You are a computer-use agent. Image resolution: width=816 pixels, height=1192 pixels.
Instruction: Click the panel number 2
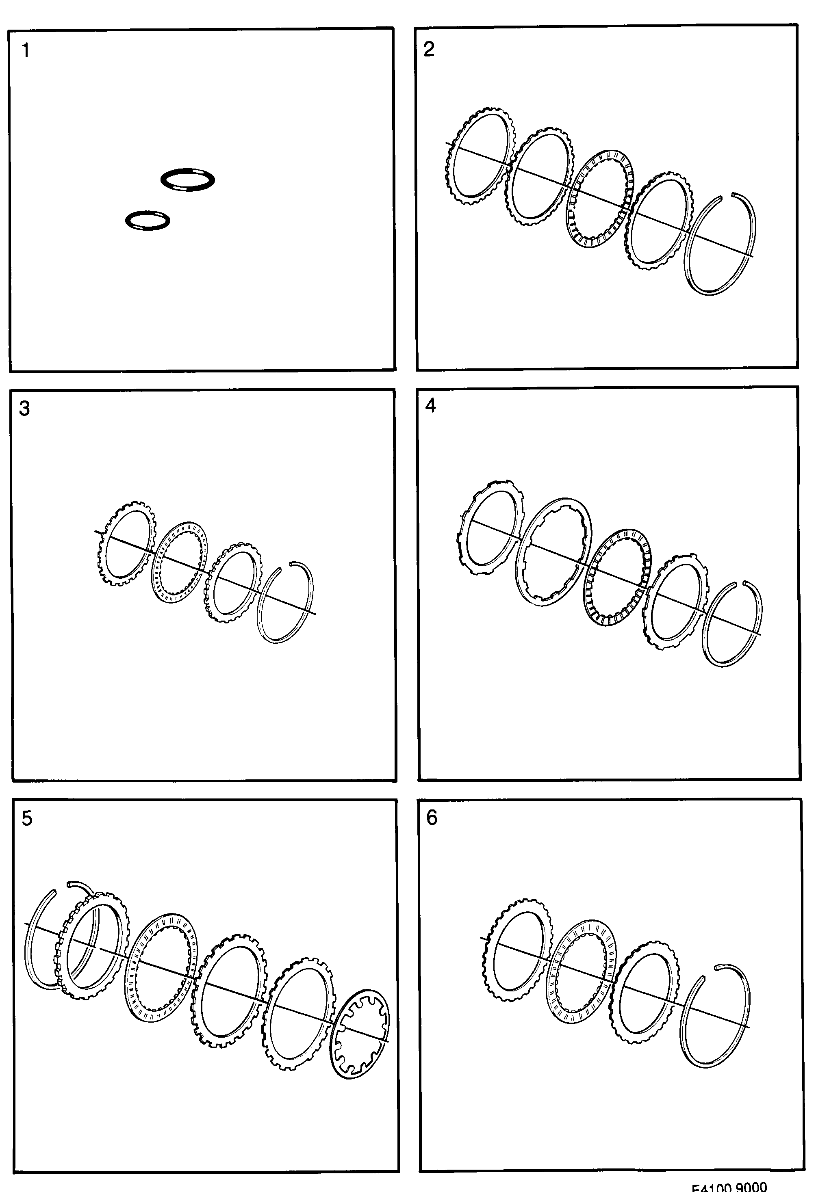click(429, 49)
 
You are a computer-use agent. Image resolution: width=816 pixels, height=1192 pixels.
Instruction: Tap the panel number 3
click(24, 409)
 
